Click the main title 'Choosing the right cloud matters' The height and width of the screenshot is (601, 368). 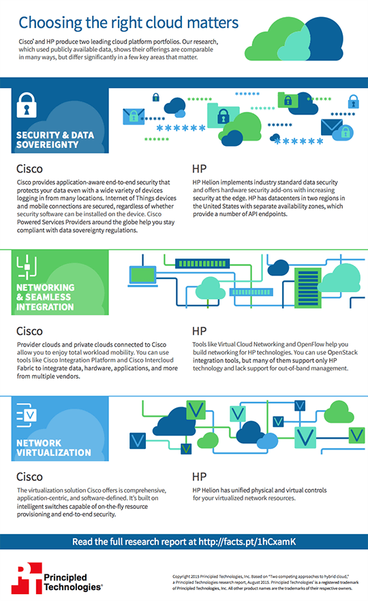tap(129, 23)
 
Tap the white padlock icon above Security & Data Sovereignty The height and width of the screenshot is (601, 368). tap(27, 104)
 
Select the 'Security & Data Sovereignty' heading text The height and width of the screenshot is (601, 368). tap(55, 140)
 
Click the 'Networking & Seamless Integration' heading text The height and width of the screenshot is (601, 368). tap(45, 297)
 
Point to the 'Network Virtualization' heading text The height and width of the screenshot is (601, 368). tap(54, 448)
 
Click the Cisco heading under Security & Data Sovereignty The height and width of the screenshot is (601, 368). tap(29, 169)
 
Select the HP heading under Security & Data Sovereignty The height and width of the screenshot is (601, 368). tap(200, 169)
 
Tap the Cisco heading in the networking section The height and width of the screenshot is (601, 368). tap(29, 331)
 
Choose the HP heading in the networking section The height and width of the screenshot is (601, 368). tap(200, 331)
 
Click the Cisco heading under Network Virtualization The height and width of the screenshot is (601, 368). tap(29, 477)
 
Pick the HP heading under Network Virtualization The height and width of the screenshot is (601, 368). tap(200, 477)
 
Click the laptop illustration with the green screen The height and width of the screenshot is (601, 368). tap(142, 276)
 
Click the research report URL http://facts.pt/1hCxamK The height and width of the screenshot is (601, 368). tap(247, 542)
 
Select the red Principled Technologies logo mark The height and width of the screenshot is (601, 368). tap(27, 578)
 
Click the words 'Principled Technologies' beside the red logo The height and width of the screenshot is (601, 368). tap(73, 582)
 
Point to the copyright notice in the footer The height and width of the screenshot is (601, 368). tap(265, 582)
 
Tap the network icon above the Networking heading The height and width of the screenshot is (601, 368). tap(27, 266)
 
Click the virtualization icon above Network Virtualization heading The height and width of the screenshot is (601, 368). tap(27, 415)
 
